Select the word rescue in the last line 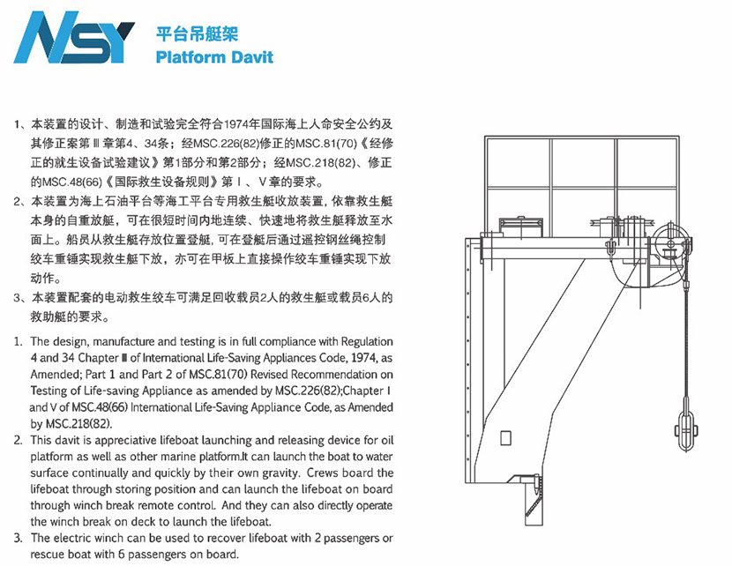(47, 555)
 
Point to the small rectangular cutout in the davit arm (505, 438)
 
